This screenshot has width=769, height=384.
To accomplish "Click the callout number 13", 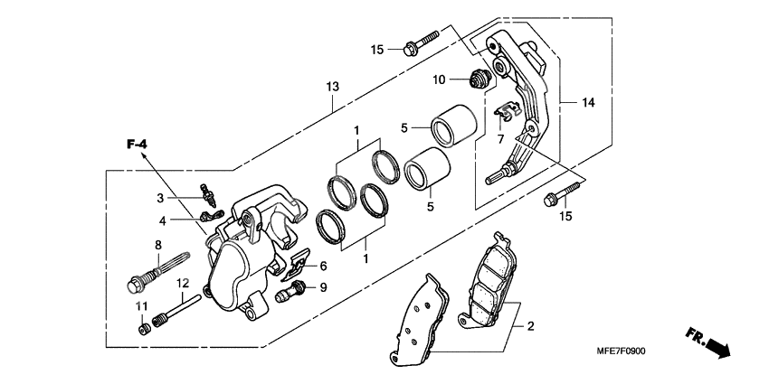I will tap(332, 86).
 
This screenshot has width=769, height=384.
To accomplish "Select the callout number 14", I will tap(588, 103).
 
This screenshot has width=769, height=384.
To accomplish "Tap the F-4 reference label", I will tap(137, 145).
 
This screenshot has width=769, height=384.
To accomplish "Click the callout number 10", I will tap(438, 80).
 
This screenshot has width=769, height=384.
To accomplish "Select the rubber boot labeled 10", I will tap(479, 78).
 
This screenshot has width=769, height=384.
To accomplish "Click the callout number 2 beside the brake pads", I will tap(531, 326).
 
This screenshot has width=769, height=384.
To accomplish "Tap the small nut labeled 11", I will tap(143, 328).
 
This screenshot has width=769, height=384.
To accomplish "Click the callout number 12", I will tap(182, 283).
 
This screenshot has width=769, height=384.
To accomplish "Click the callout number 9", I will tap(323, 288).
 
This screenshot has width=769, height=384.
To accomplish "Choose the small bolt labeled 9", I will tap(292, 290).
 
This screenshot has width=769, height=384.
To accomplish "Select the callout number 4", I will tap(163, 220).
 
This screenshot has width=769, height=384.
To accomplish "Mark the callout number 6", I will tap(323, 267).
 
